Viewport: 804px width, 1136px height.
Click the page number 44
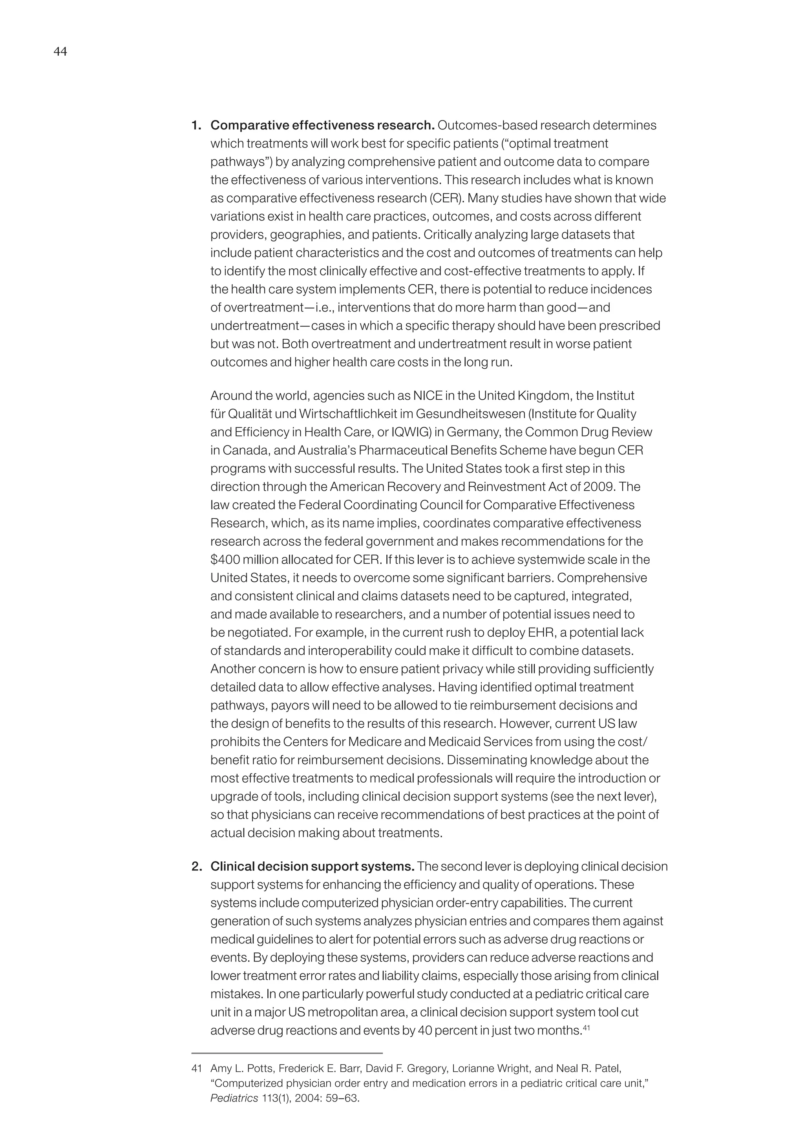point(60,52)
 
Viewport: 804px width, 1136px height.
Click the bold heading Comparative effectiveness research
point(322,126)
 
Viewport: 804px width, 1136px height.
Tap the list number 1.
point(196,126)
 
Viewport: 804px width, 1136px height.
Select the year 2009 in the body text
point(599,487)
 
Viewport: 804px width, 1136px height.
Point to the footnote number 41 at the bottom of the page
point(197,1069)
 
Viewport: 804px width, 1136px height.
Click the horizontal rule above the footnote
point(287,1053)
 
